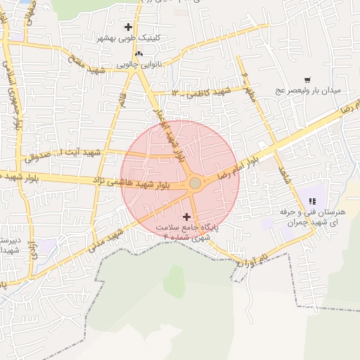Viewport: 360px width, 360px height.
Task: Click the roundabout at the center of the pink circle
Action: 195,184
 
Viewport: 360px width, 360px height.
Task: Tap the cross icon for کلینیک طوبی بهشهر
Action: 128,27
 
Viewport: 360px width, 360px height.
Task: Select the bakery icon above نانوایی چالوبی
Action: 139,53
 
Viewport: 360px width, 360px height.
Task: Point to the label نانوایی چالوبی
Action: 139,64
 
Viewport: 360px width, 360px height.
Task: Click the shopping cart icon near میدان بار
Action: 307,80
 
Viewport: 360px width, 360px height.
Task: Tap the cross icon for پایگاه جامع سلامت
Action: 186,217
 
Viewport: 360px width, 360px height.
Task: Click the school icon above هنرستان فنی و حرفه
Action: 311,202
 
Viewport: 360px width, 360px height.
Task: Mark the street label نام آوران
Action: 255,262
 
